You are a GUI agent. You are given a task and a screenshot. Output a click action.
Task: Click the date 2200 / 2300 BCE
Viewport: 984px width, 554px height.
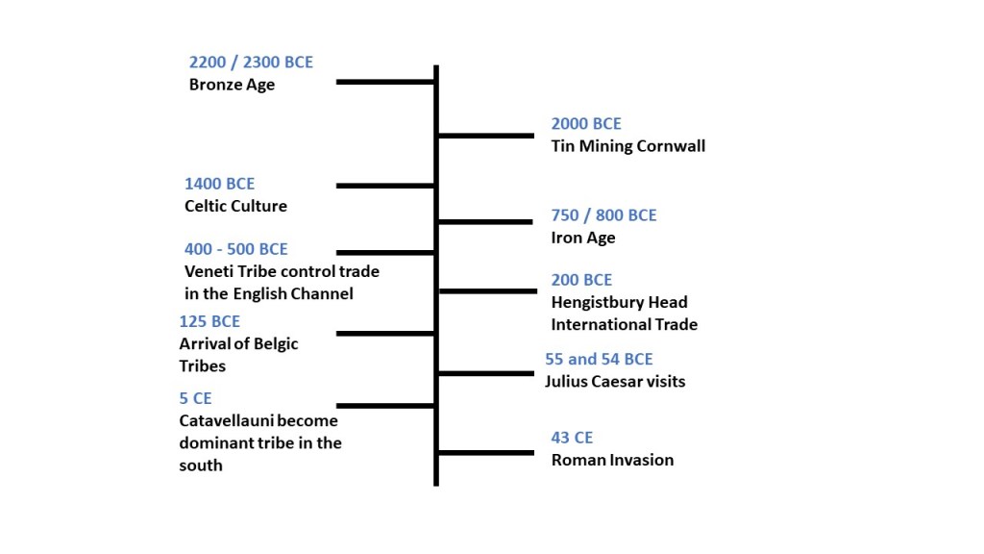251,63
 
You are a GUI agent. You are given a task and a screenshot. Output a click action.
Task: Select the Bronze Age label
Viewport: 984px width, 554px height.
232,85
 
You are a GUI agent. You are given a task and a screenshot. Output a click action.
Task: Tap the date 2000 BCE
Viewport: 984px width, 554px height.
586,124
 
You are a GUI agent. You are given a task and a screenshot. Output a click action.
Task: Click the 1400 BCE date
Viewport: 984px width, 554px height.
219,184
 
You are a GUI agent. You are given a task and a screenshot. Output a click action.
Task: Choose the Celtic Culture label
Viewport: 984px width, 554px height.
235,206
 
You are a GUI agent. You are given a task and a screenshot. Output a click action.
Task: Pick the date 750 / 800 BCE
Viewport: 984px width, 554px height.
603,215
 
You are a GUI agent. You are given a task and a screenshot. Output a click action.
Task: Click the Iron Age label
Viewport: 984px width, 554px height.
583,238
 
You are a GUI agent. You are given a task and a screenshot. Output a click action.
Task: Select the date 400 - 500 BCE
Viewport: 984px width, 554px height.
235,250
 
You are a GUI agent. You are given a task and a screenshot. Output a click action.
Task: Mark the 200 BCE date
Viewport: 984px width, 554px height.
581,280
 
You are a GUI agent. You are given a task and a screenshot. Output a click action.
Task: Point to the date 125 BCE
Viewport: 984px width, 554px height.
209,321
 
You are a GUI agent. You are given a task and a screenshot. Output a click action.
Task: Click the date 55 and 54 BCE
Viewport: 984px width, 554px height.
599,359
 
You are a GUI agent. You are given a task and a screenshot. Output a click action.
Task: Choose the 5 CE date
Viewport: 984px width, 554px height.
195,398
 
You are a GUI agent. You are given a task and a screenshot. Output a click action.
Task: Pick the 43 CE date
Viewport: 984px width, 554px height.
572,438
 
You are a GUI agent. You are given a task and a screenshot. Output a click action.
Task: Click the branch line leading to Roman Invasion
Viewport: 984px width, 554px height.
486,452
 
